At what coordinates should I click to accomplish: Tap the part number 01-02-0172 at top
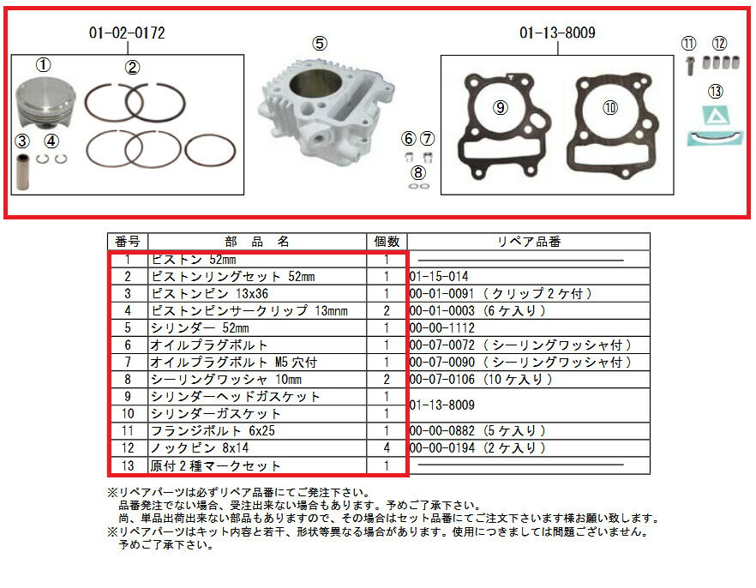[127, 33]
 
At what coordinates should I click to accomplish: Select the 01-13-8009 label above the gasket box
[557, 33]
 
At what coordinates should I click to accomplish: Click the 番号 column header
[127, 242]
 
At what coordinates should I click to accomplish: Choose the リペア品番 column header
[529, 242]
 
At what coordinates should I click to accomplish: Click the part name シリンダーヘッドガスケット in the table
[235, 396]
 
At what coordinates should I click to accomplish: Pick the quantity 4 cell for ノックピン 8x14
[387, 447]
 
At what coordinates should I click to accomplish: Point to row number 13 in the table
[127, 465]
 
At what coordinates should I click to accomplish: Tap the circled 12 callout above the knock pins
[718, 44]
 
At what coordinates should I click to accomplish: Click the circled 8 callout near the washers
[418, 171]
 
